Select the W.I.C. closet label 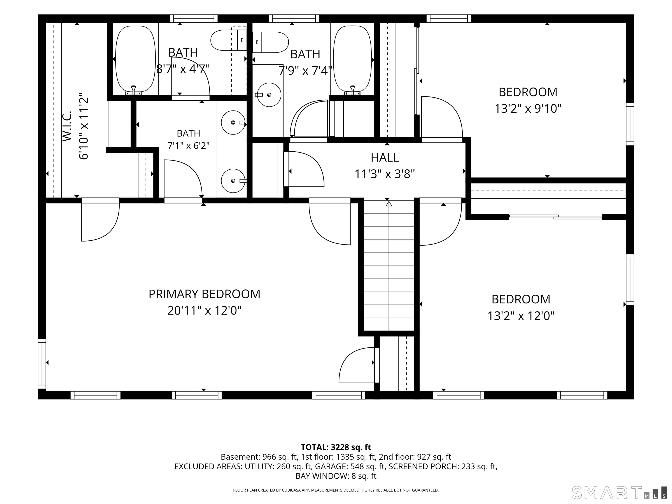tap(67, 126)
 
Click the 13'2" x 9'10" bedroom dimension tap(528, 108)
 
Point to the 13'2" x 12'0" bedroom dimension tap(521, 316)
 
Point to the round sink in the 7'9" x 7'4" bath tap(269, 95)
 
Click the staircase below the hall tap(389, 266)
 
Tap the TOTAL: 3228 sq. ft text tap(336, 447)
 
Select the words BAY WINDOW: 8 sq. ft tap(336, 476)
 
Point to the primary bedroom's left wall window tap(42, 364)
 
